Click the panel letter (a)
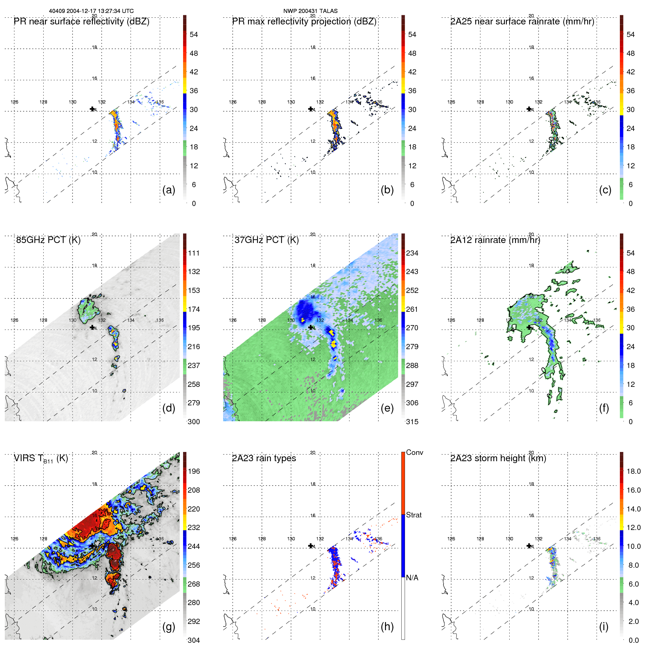click(169, 190)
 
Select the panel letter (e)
click(387, 408)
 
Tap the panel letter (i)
click(604, 627)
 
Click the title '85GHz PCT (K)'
click(48, 240)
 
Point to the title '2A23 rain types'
click(264, 458)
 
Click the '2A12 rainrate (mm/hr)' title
click(495, 240)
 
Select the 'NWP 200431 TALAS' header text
click(310, 11)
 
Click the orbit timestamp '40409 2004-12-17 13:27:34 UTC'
click(91, 11)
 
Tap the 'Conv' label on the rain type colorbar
click(414, 452)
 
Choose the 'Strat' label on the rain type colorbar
click(413, 515)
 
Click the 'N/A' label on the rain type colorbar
click(412, 578)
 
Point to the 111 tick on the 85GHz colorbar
click(194, 253)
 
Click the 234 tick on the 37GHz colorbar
click(412, 253)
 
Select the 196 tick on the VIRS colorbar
click(194, 471)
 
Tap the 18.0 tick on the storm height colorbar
click(634, 471)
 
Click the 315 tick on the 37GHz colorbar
click(412, 422)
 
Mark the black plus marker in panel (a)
click(92, 109)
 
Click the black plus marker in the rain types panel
click(311, 546)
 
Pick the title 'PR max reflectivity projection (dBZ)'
click(304, 21)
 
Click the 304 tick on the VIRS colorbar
click(194, 640)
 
